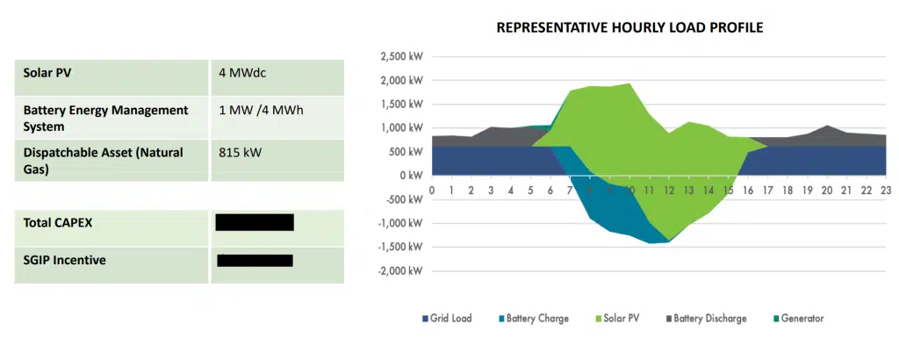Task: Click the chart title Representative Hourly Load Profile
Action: tap(629, 27)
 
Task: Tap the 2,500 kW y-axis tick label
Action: tap(400, 57)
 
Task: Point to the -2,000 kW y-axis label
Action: tap(399, 270)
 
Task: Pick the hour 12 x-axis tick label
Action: tap(670, 190)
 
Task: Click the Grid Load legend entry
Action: tap(447, 318)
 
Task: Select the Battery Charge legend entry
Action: tap(533, 318)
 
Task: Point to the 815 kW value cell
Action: tap(240, 152)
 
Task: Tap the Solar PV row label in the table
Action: tap(47, 74)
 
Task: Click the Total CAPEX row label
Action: tap(58, 223)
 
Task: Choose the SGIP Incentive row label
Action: tap(64, 261)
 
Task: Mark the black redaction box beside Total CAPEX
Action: tap(255, 222)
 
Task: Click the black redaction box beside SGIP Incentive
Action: tap(255, 260)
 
